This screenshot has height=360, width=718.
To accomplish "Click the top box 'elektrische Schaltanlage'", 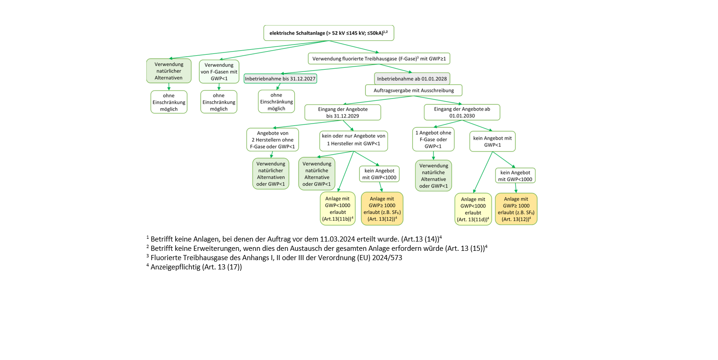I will click(329, 33).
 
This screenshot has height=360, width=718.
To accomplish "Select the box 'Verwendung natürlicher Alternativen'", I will click(169, 71).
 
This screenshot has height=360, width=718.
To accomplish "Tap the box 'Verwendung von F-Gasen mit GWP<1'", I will click(219, 72).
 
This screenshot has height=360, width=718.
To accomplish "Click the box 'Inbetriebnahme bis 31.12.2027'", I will click(280, 79).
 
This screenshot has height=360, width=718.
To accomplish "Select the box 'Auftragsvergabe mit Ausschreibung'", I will click(413, 90).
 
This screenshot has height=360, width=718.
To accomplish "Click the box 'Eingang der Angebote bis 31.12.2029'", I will click(343, 112).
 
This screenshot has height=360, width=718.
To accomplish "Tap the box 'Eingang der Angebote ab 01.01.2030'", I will click(461, 112).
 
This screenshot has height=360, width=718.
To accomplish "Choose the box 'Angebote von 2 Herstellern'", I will click(273, 140).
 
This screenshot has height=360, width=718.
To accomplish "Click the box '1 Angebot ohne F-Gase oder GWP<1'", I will click(433, 139).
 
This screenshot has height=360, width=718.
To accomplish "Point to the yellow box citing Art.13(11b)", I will click(337, 208).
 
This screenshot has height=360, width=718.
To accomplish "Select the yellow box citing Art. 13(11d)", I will click(473, 209).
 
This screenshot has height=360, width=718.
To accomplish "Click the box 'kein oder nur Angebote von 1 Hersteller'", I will click(354, 140).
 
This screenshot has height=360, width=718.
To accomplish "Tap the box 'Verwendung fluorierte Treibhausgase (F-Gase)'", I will click(379, 59).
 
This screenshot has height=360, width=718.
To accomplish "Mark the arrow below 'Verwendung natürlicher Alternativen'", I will click(169, 86).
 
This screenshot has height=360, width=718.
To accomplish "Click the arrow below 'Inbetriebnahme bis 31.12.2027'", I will click(278, 87).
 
